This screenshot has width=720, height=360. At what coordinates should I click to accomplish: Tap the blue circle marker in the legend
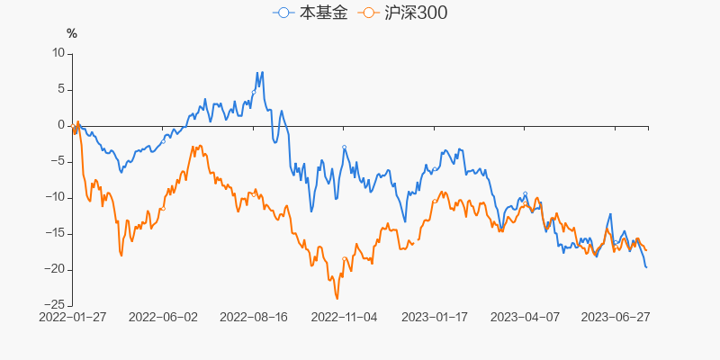pos(284,13)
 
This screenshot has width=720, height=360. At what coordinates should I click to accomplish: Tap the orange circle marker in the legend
pos(367,13)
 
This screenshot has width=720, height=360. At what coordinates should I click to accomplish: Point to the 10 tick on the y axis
pos(59,53)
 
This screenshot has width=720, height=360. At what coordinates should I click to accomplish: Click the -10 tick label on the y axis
pos(57,197)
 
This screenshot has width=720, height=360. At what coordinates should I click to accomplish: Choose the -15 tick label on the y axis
pos(57,233)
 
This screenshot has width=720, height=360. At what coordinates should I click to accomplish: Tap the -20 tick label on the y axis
pos(57,269)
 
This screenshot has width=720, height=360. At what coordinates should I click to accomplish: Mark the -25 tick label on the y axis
pos(57,305)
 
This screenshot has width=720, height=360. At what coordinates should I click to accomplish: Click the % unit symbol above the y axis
pos(72,34)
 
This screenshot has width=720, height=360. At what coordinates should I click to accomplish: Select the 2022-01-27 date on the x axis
pos(72,318)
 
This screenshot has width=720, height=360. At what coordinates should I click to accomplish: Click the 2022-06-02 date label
pos(163,318)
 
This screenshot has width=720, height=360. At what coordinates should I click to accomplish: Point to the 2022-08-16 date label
pos(253,318)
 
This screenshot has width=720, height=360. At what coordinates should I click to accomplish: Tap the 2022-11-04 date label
pos(344,318)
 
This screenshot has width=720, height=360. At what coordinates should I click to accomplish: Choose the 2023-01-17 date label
pos(435,318)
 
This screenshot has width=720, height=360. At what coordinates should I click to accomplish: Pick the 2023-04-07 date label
pos(525,318)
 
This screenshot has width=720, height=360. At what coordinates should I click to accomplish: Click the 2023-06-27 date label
pos(616,318)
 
